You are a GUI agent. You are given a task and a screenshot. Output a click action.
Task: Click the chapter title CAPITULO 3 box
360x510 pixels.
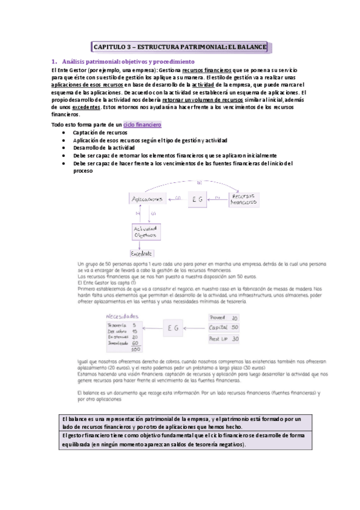pyautogui.click(x=179, y=46)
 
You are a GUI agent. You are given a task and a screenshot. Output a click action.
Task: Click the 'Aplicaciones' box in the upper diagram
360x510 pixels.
pyautogui.click(x=147, y=198)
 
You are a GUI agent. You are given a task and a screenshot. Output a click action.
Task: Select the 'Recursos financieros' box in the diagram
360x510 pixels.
pyautogui.click(x=245, y=199)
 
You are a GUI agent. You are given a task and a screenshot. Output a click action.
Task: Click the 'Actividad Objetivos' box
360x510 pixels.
pyautogui.click(x=144, y=232)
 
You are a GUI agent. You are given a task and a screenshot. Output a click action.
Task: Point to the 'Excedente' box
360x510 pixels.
pyautogui.click(x=142, y=254)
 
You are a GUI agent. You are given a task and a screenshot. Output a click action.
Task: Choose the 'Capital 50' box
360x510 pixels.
pyautogui.click(x=224, y=328)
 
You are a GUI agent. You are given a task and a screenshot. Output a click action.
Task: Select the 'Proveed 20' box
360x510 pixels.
pyautogui.click(x=224, y=318)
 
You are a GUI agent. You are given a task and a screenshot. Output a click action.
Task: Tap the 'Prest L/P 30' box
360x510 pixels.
pyautogui.click(x=224, y=339)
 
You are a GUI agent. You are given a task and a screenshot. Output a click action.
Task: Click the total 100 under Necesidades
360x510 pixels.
pyautogui.click(x=135, y=349)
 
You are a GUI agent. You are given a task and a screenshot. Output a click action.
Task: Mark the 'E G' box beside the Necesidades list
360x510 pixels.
pyautogui.click(x=174, y=328)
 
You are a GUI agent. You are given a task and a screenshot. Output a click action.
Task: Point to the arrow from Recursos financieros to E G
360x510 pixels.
pyautogui.click(x=220, y=198)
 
